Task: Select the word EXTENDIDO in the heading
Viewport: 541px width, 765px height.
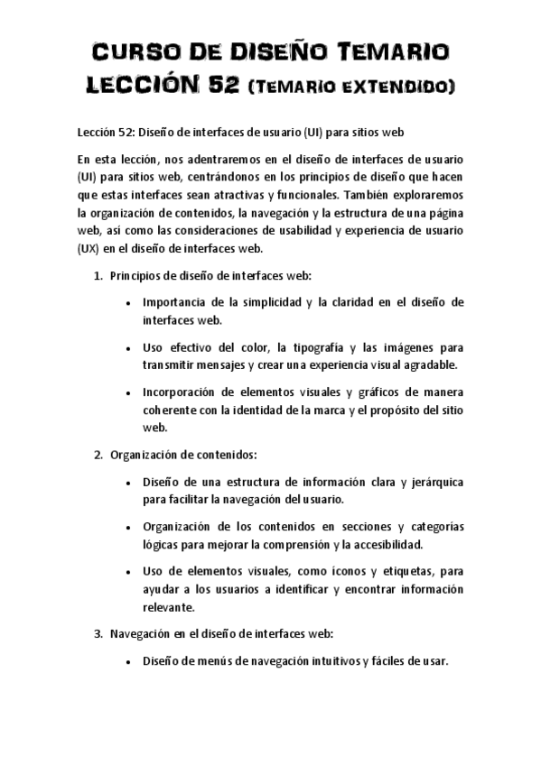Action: pyautogui.click(x=401, y=88)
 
